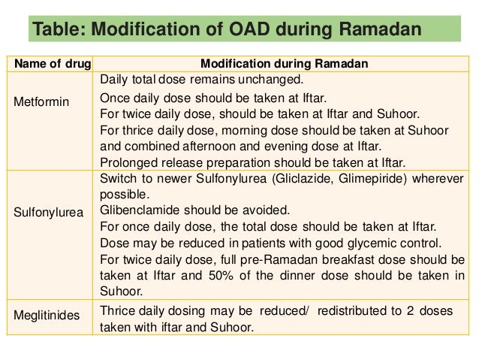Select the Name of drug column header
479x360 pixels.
[x=50, y=64]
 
